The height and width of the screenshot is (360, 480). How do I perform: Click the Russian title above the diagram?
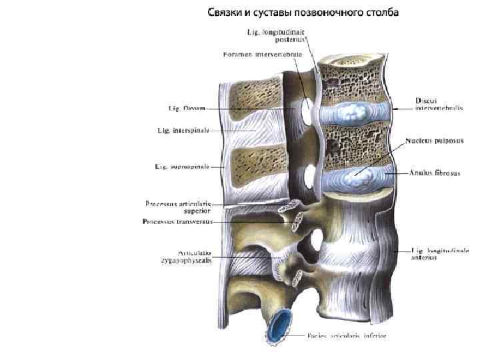pos(303,13)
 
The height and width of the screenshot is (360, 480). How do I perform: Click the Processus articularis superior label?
pos(178,207)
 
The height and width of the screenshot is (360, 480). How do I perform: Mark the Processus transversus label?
pos(177,221)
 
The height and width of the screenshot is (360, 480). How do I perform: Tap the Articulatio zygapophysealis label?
pos(186,257)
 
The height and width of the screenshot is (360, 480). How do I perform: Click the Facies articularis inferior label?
pos(347,335)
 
